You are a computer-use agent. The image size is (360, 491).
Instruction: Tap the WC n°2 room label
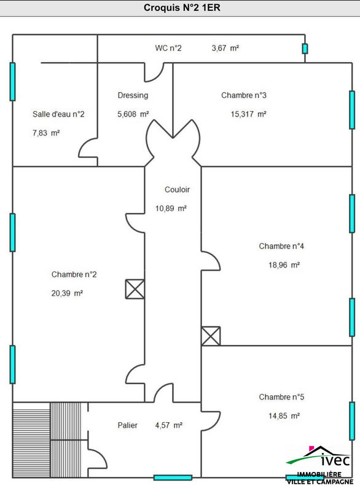(x=168, y=48)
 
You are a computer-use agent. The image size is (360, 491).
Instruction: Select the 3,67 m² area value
(x=225, y=48)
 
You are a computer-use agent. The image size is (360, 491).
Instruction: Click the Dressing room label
(x=133, y=95)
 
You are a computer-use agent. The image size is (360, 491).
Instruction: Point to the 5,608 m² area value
(x=133, y=114)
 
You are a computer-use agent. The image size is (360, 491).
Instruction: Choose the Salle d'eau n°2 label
(x=58, y=114)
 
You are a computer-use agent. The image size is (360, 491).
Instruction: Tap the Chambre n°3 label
(x=244, y=95)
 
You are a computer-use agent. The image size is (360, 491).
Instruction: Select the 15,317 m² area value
(x=248, y=114)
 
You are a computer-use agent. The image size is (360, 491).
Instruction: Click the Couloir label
(x=177, y=190)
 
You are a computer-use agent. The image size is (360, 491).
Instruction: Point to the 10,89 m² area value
(x=171, y=209)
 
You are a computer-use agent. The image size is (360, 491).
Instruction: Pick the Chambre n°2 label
(x=74, y=274)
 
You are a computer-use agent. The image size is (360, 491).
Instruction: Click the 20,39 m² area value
(x=67, y=293)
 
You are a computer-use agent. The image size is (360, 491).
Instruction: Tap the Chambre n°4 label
(x=281, y=246)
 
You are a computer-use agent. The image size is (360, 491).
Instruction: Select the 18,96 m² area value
(x=284, y=265)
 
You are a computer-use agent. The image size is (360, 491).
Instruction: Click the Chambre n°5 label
(x=281, y=397)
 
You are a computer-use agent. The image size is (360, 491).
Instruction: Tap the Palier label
(x=128, y=425)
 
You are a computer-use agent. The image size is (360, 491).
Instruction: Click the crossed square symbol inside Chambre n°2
(x=135, y=289)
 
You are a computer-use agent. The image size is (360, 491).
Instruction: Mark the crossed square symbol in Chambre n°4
(x=211, y=336)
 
